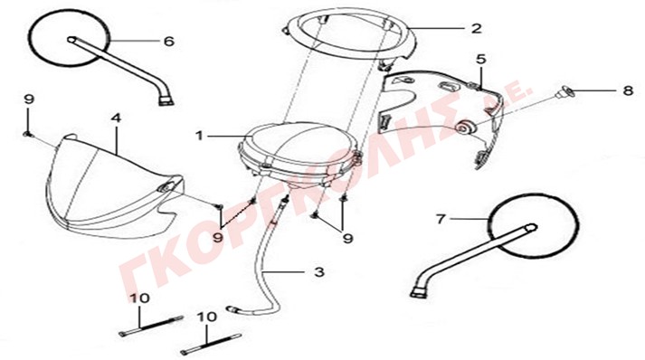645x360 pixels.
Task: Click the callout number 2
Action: point(476,28)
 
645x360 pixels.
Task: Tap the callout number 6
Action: point(169,41)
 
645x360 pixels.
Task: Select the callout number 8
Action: point(628,90)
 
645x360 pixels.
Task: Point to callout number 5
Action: point(481,59)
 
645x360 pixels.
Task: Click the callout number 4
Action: point(117,118)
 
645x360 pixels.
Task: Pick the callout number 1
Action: point(200,136)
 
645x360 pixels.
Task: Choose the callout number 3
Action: point(319,272)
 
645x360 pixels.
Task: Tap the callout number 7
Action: point(441,219)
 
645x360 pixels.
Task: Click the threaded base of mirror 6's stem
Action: point(166,100)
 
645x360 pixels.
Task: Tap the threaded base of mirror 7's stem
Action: point(420,291)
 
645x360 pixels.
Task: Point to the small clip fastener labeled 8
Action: point(564,92)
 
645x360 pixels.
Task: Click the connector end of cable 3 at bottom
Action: point(232,308)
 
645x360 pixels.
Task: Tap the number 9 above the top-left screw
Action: point(29,99)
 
